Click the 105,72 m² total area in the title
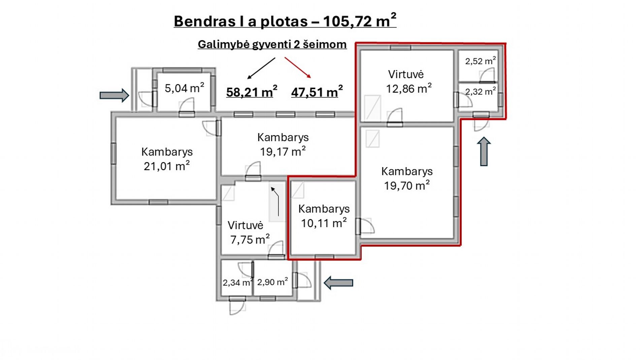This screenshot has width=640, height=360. (360, 21)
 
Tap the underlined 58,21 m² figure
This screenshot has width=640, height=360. (252, 92)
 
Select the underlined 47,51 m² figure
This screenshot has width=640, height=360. (317, 92)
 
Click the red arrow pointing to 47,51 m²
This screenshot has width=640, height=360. (298, 68)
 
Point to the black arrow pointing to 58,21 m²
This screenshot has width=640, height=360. (261, 68)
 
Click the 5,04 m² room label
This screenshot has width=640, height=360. (184, 88)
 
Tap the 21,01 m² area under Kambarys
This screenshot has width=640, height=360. (167, 166)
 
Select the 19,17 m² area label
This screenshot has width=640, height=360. (283, 151)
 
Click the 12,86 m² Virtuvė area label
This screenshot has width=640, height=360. (409, 88)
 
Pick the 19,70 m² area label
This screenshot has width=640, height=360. (407, 185)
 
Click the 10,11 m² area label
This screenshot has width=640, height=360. (324, 223)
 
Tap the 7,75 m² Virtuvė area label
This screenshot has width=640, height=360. (250, 239)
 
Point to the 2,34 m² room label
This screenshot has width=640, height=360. (238, 282)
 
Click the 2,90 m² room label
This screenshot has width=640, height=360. (273, 282)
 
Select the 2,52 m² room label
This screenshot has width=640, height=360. (480, 61)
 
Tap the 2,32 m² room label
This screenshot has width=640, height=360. (480, 91)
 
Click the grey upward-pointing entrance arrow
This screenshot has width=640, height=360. (484, 152)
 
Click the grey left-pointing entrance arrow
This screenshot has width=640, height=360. (339, 283)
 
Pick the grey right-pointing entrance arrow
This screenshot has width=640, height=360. (114, 95)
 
